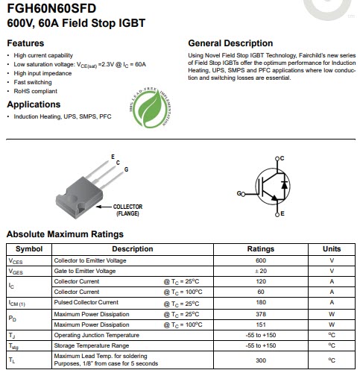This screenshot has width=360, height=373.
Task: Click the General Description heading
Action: pos(230,43)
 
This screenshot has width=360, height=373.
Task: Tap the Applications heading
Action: pos(34,104)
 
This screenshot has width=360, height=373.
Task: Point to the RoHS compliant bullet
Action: pos(32,90)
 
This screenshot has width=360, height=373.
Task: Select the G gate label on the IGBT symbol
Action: pos(239,193)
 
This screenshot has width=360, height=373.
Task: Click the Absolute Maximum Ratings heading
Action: pos(65,234)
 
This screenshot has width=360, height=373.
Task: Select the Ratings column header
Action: pos(260,248)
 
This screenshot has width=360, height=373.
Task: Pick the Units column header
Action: pos(331,248)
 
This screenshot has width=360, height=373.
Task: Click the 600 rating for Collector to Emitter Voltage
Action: pos(260,260)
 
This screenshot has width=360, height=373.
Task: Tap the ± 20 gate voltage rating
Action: pos(260,271)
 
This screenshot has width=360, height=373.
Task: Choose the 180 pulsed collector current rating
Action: pos(260,302)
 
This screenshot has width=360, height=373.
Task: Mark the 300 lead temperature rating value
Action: pos(260,361)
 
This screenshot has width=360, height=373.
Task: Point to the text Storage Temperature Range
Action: pos(91,345)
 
